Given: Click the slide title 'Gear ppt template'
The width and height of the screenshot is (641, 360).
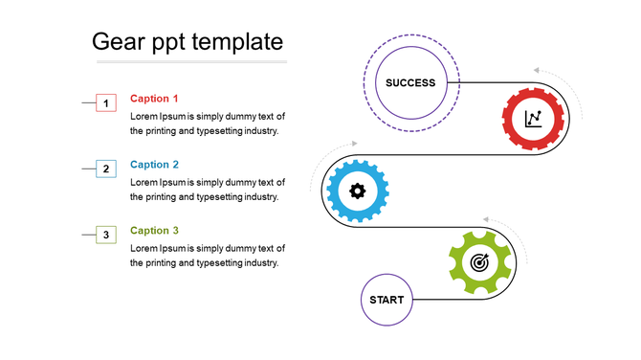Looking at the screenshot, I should click(187, 42).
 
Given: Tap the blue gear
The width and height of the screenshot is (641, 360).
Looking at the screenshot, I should click(358, 191).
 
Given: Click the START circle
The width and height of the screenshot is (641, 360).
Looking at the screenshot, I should click(387, 300).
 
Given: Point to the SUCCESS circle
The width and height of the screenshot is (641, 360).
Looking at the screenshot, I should click(410, 82).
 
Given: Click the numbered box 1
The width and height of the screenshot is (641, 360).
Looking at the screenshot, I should click(106, 102).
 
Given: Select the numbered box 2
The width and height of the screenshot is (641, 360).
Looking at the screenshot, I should click(106, 169).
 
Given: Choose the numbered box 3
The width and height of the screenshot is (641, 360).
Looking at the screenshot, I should click(106, 235).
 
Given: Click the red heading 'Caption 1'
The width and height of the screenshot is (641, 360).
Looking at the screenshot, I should click(154, 99).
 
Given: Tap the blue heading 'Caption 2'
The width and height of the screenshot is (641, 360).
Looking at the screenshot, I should click(154, 165).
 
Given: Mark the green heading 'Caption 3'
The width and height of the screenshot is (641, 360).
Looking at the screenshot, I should click(154, 231).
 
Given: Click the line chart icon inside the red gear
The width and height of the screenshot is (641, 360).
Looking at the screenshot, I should click(534, 119).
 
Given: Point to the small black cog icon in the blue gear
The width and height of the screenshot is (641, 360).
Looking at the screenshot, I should click(358, 191).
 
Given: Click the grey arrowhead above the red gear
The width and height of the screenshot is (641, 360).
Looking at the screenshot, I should click(538, 70).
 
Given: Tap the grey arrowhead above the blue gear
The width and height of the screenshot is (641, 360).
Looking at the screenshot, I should click(354, 144).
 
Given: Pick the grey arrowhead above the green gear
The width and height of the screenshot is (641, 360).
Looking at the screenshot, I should click(487, 218).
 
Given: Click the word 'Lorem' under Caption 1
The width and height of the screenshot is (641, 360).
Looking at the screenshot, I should click(144, 117).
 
